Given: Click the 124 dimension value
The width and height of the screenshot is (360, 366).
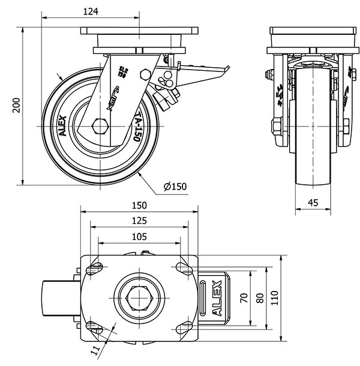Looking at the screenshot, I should point(91,11).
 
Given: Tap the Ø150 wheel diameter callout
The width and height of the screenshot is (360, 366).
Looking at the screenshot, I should point(175,187).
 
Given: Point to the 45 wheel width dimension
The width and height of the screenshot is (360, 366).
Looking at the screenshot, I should point(312,203).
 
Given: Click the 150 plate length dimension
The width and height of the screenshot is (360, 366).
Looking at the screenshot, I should point(139,205).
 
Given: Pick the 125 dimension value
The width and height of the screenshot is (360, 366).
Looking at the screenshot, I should point(139,221).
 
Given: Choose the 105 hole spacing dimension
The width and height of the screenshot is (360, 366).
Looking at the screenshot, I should point(139,237).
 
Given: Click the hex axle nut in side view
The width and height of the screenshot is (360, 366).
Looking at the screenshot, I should point(100,127).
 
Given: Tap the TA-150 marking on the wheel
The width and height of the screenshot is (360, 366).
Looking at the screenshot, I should point(137,127).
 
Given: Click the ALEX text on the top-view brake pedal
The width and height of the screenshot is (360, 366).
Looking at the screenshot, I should point(218,298).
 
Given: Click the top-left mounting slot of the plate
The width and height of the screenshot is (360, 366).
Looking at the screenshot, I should point(94,268).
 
